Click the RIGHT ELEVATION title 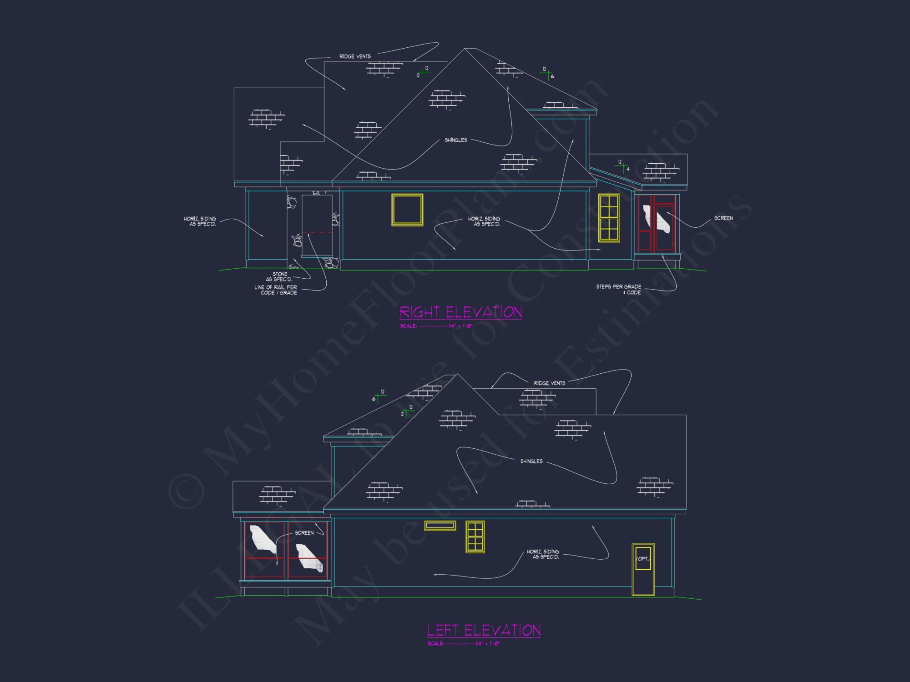point(460,312)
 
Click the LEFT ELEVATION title point(484,630)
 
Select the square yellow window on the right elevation point(407,210)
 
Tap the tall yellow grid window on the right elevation point(609,218)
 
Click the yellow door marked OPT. point(643,569)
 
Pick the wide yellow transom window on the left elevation point(440,526)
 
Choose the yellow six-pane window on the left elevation point(475,537)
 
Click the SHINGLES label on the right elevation point(456,140)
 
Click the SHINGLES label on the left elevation point(531,461)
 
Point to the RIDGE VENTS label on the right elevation point(355,56)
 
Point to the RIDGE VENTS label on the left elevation point(549,383)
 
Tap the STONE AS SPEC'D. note point(279,277)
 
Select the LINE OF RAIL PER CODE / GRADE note point(276,290)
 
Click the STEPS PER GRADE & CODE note point(619,290)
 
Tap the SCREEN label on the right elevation point(723,218)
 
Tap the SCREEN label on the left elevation point(304,533)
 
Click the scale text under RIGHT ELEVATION point(436,326)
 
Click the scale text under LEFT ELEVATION point(464,644)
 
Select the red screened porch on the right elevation point(656,223)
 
